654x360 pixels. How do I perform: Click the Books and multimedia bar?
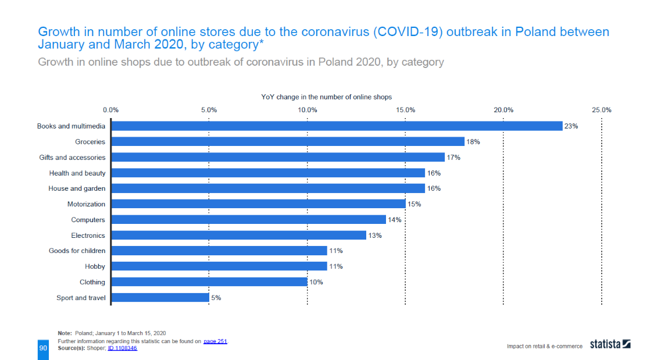point(337,126)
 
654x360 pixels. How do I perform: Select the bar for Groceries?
point(288,142)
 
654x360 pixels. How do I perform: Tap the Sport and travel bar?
point(160,298)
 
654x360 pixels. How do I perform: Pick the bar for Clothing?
point(209,282)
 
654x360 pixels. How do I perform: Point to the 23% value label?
point(571,126)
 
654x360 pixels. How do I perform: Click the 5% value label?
point(216,298)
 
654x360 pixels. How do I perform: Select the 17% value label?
point(453,158)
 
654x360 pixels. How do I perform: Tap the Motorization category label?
point(86,204)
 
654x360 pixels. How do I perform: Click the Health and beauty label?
point(77,173)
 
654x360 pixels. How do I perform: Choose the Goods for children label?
point(77,251)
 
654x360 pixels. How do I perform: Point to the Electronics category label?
point(88,236)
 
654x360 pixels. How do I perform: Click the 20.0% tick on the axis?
point(503,109)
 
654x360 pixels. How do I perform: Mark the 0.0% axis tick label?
point(110,109)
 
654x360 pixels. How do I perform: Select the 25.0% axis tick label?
point(602,109)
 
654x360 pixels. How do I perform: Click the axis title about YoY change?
point(326,97)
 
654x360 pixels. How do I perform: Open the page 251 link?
point(215,341)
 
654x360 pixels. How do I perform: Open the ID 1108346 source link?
point(122,348)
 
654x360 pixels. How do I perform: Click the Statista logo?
point(610,344)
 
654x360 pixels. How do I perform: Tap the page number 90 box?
point(43,347)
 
